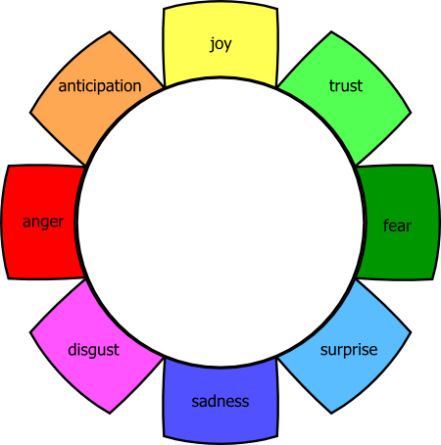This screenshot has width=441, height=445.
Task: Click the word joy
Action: pyautogui.click(x=220, y=44)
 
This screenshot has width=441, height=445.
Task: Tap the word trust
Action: pyautogui.click(x=346, y=86)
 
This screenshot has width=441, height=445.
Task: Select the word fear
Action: pyautogui.click(x=397, y=225)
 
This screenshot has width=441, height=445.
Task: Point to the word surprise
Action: pyautogui.click(x=349, y=350)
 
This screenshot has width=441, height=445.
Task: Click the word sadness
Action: pyautogui.click(x=220, y=401)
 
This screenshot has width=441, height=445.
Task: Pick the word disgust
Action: pyautogui.click(x=93, y=350)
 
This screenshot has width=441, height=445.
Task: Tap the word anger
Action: pyautogui.click(x=43, y=222)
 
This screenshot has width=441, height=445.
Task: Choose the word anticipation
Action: pyautogui.click(x=99, y=86)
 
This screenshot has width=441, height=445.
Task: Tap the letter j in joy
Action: pyautogui.click(x=212, y=45)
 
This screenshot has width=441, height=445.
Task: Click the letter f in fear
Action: pyautogui.click(x=385, y=225)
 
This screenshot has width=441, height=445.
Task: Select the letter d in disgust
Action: pyautogui.click(x=72, y=349)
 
